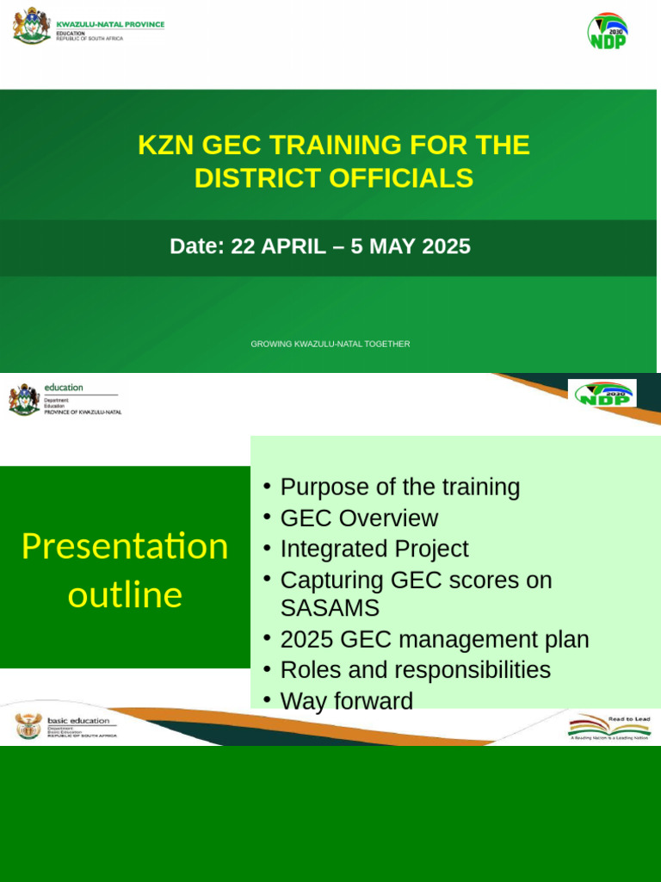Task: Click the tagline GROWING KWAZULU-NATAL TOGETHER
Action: pyautogui.click(x=330, y=344)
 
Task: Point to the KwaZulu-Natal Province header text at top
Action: pyautogui.click(x=109, y=25)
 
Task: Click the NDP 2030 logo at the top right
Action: pyautogui.click(x=608, y=31)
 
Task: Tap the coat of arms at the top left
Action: pyautogui.click(x=32, y=26)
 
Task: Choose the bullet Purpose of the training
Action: pyautogui.click(x=400, y=488)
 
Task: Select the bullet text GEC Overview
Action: pyautogui.click(x=359, y=519)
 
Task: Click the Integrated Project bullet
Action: pyautogui.click(x=374, y=550)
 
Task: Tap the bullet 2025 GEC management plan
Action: pyautogui.click(x=435, y=640)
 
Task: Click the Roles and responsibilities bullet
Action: pyautogui.click(x=416, y=670)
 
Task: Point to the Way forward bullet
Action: pyautogui.click(x=347, y=701)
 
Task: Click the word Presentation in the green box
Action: pyautogui.click(x=125, y=547)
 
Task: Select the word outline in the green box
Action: pyautogui.click(x=125, y=595)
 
